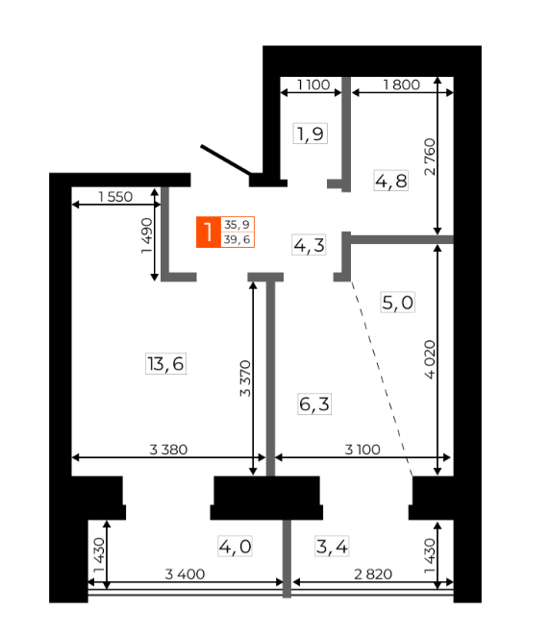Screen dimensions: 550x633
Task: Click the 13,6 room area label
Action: (x=165, y=364)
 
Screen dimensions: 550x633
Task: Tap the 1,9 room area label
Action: (x=310, y=134)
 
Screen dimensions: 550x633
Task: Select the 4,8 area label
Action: (x=390, y=181)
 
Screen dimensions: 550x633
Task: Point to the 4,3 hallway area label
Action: (x=309, y=245)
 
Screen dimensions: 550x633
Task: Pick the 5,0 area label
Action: (x=398, y=303)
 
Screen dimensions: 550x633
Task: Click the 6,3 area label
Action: (x=314, y=403)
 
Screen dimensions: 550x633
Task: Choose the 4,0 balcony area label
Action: (x=235, y=547)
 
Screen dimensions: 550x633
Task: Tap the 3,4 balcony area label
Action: (x=332, y=547)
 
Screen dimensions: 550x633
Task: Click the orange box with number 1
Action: (x=209, y=231)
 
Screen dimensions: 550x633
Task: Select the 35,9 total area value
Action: (x=237, y=225)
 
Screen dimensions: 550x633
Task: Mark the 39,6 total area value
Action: (x=237, y=239)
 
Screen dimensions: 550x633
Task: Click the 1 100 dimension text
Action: (x=313, y=85)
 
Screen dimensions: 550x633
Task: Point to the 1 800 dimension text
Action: (x=401, y=85)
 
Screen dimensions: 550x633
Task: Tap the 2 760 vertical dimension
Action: (x=430, y=157)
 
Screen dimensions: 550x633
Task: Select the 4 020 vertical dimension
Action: (x=430, y=359)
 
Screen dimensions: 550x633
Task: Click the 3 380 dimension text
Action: (x=168, y=450)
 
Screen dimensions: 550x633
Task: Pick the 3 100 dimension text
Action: (x=362, y=450)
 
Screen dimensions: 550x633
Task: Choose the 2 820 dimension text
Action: (x=373, y=574)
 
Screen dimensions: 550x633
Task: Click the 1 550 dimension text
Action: (x=115, y=197)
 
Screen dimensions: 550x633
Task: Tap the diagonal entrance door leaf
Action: (x=226, y=160)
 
